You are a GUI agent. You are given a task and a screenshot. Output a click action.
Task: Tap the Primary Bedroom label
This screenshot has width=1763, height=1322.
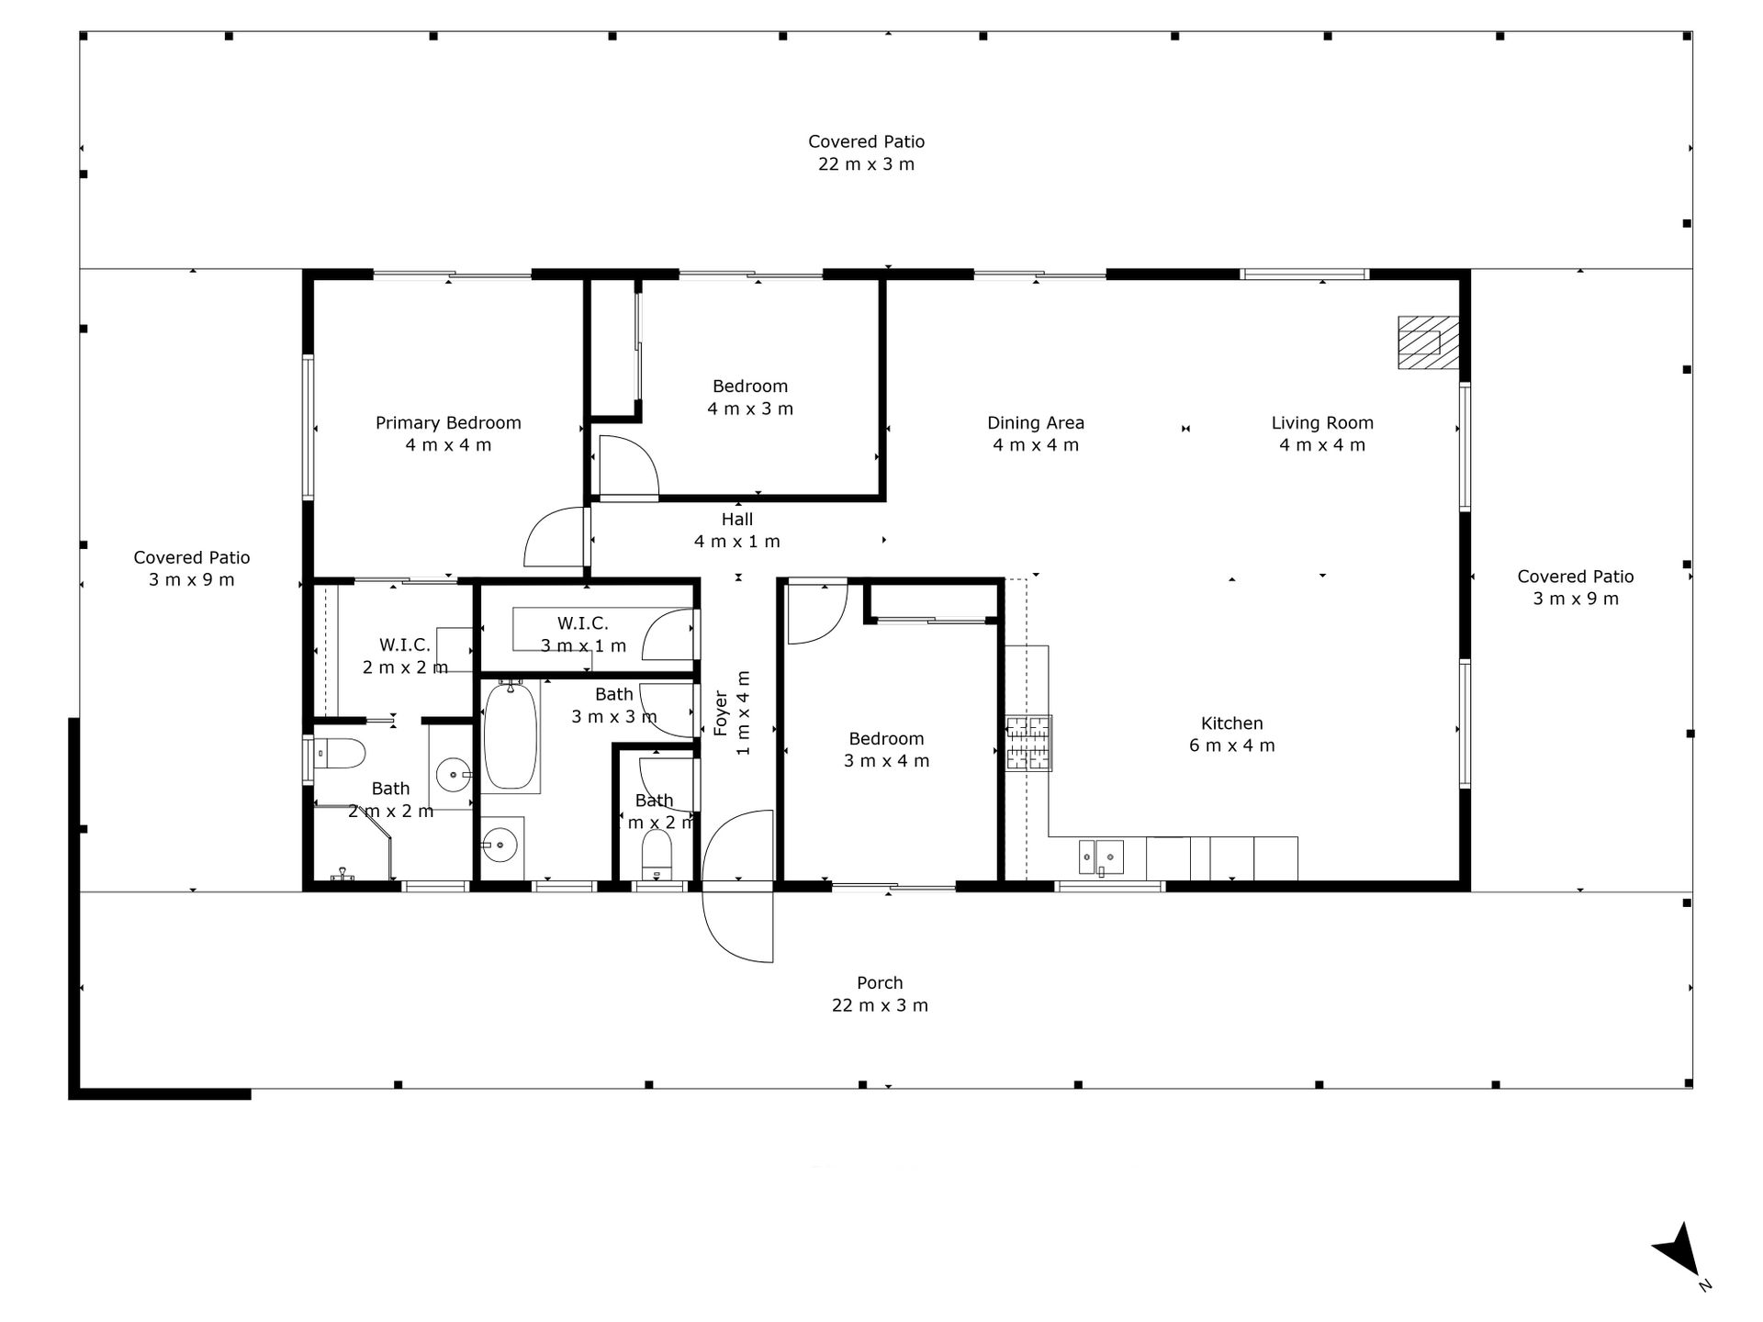[x=448, y=433]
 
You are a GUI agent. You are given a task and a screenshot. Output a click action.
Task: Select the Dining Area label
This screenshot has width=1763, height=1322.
[x=1036, y=433]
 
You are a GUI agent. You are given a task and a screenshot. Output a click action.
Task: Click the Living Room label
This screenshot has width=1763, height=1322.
[x=1322, y=433]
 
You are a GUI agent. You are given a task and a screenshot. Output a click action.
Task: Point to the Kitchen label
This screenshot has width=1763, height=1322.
[x=1232, y=734]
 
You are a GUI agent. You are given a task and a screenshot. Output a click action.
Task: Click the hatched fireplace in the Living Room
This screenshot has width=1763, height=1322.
[x=1428, y=342]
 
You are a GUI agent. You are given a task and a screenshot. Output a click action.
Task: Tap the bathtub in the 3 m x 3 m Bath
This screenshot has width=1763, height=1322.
[x=511, y=736]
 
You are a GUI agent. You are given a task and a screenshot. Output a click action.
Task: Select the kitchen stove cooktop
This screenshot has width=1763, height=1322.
[x=1028, y=743]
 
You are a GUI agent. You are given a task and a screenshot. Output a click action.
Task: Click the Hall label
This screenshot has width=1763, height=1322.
[x=737, y=530]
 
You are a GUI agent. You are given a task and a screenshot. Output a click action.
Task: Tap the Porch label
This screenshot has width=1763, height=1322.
[x=880, y=993]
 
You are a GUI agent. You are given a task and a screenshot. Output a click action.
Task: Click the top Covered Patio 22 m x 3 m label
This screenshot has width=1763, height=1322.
[x=867, y=152]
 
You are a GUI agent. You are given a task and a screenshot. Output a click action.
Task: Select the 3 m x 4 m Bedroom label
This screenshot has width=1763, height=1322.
[x=886, y=749]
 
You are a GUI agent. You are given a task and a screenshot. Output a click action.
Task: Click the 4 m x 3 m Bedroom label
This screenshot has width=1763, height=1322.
[x=750, y=397]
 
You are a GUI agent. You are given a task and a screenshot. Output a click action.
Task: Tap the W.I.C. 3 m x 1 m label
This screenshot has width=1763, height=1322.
[x=583, y=634]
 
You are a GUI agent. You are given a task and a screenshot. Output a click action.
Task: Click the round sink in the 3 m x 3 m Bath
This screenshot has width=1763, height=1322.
[x=501, y=843]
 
